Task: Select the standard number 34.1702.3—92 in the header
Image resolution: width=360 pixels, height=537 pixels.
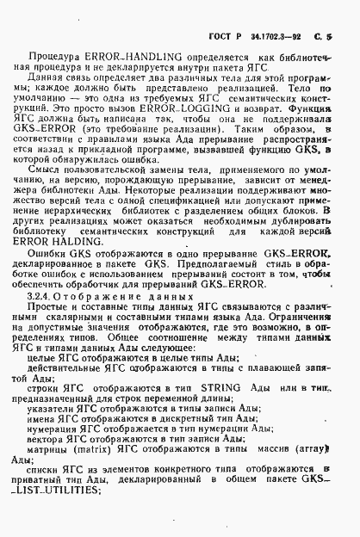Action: pos(283,13)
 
